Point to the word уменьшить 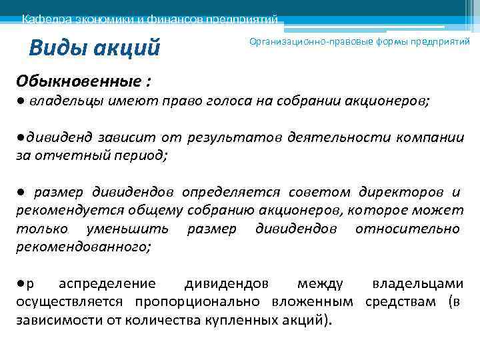tap(127, 229)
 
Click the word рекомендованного tap(83, 247)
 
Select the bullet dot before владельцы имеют tap(22, 101)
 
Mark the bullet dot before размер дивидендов tap(22, 192)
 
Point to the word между tap(320, 283)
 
